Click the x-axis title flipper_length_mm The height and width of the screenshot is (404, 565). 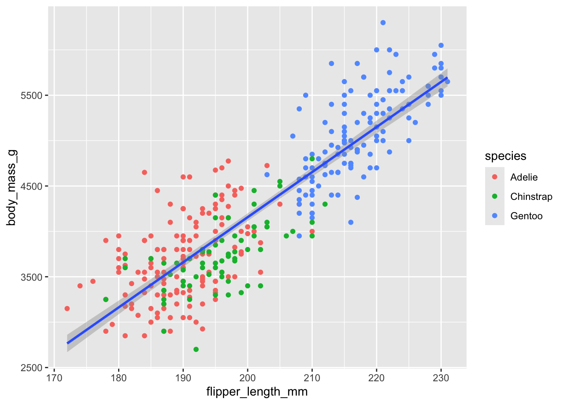[x=257, y=392]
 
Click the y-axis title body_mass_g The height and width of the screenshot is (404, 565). [x=11, y=186]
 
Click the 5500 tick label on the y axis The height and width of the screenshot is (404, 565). [x=32, y=96]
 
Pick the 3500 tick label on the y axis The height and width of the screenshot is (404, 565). [x=32, y=277]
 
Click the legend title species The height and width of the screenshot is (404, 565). [x=505, y=156]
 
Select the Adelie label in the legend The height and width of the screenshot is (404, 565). [x=524, y=177]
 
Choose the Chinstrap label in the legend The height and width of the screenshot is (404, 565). [x=531, y=197]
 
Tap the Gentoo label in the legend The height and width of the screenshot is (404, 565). [x=526, y=216]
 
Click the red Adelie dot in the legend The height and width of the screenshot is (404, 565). [x=495, y=177]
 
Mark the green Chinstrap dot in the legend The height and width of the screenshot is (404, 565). [x=495, y=197]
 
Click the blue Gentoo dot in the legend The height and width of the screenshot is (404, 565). [x=495, y=216]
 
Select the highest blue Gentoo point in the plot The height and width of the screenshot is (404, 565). [x=383, y=23]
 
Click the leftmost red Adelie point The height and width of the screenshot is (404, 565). [x=67, y=308]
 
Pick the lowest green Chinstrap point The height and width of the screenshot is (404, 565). [x=196, y=349]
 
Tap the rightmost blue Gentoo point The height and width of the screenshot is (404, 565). [x=447, y=82]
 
